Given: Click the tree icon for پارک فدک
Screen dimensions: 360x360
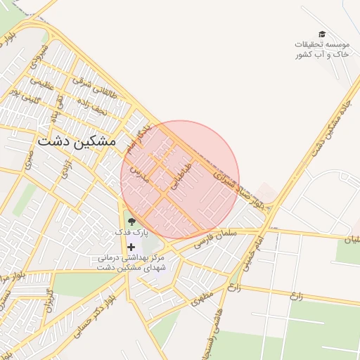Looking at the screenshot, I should [x=131, y=222].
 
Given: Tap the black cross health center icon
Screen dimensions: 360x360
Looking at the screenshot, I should [x=131, y=247].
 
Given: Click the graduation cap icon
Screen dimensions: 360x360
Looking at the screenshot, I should [x=321, y=34].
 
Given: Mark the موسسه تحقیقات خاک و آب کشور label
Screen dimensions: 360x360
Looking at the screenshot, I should [x=321, y=49].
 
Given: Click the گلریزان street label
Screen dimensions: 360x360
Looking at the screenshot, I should [x=48, y=300].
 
